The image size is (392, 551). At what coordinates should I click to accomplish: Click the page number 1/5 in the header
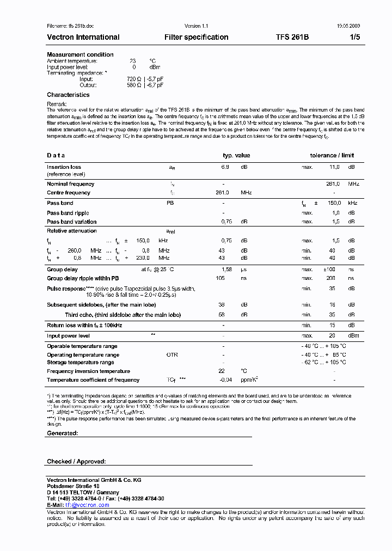click(x=354, y=37)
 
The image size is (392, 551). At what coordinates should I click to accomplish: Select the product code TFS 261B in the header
click(x=292, y=37)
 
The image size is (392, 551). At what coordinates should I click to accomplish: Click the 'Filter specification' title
click(x=196, y=37)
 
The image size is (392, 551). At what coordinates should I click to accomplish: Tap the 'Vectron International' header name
click(x=83, y=37)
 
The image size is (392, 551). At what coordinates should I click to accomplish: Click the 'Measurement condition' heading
click(x=80, y=54)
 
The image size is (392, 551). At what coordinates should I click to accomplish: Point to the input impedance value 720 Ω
click(x=134, y=79)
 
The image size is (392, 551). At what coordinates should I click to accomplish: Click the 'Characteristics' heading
click(x=68, y=95)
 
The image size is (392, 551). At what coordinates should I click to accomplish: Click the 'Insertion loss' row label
click(x=64, y=167)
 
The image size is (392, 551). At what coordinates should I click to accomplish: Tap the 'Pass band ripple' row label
click(x=68, y=213)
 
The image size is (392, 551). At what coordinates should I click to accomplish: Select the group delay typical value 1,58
click(x=226, y=270)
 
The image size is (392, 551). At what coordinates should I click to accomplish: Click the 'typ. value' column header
click(x=236, y=155)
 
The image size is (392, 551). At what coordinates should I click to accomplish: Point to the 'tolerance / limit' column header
click(x=332, y=155)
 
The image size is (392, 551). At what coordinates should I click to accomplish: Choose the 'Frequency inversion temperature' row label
click(x=88, y=371)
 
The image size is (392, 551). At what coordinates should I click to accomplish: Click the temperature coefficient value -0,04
click(x=225, y=380)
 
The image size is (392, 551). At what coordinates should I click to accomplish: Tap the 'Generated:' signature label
click(x=63, y=433)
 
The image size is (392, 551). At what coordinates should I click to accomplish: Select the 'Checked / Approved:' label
click(x=76, y=461)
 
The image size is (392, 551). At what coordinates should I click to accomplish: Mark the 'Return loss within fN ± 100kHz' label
click(x=84, y=325)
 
